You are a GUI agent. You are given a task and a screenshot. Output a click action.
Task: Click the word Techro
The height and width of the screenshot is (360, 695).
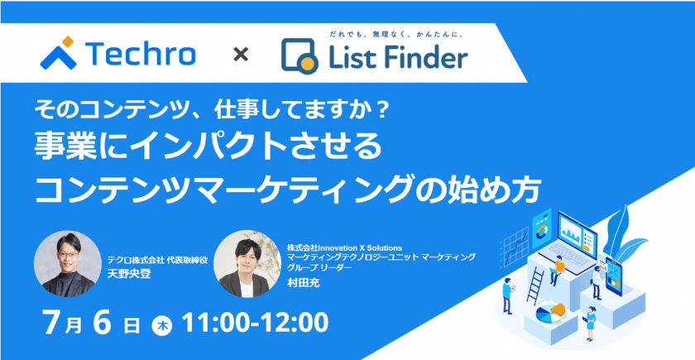point(141,55)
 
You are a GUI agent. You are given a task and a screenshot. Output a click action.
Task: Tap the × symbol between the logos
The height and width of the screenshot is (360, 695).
point(240,55)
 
